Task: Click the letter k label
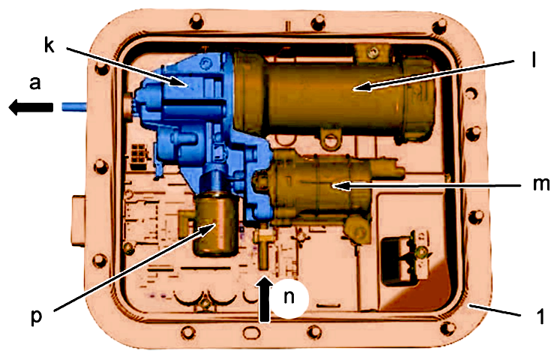pyautogui.click(x=49, y=45)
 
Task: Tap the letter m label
pyautogui.click(x=541, y=184)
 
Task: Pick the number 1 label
pyautogui.click(x=541, y=316)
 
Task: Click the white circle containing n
pyautogui.click(x=289, y=298)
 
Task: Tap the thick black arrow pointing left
pyautogui.click(x=31, y=107)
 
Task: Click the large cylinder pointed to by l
pyautogui.click(x=334, y=94)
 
